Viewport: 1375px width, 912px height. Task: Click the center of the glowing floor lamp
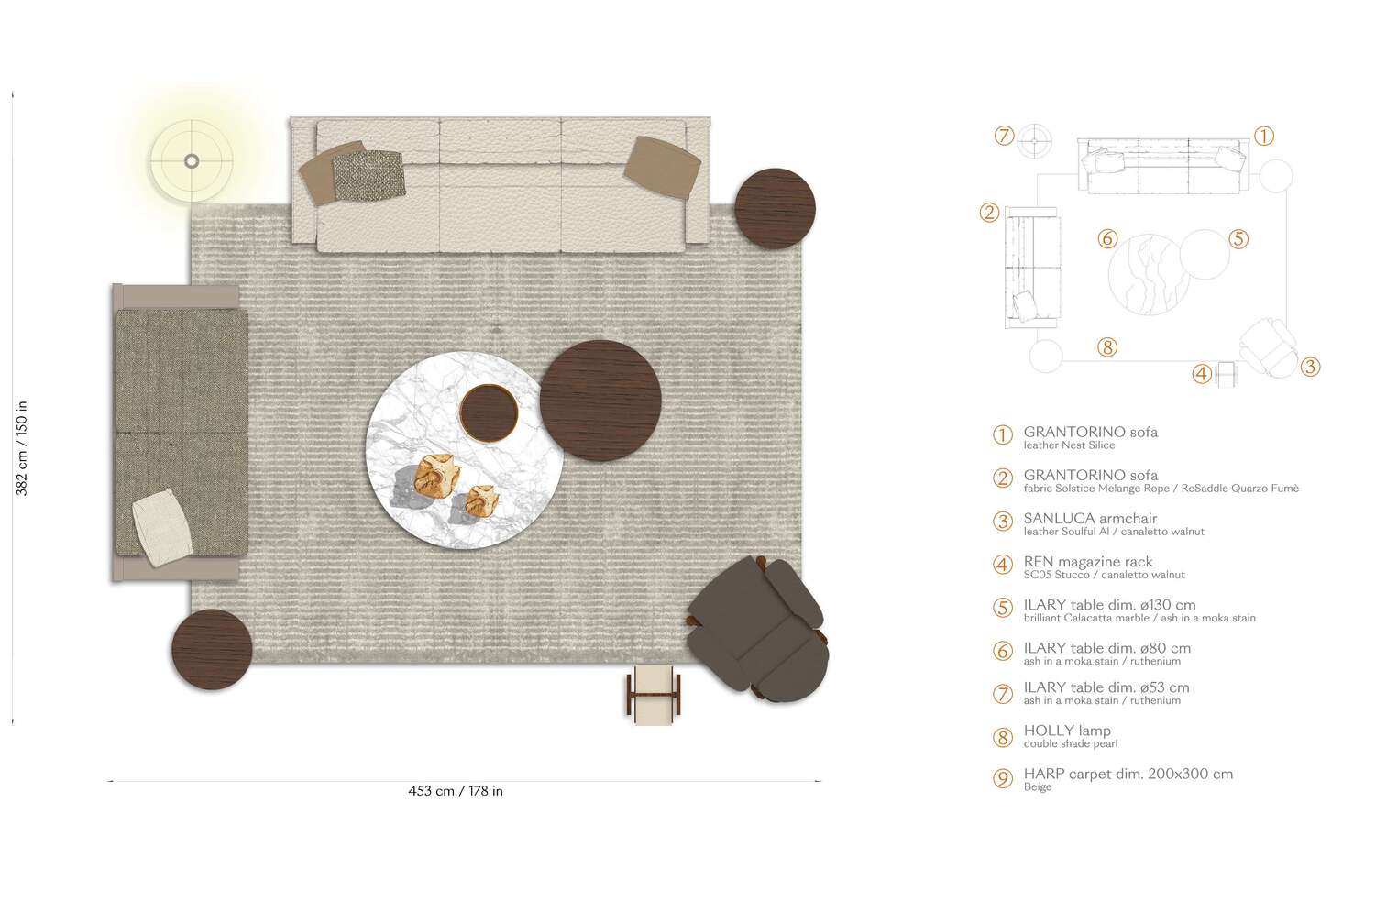192,161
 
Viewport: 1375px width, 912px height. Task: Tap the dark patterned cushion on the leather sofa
368,174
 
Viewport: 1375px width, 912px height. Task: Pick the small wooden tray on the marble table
489,412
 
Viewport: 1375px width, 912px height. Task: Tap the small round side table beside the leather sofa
775,208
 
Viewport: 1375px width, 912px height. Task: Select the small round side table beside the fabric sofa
212,649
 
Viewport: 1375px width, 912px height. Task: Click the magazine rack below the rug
654,693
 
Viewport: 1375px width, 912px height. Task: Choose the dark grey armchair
759,629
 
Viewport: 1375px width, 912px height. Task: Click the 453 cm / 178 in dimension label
456,791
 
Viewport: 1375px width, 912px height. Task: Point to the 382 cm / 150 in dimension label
22,448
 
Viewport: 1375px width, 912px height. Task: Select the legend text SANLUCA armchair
1090,518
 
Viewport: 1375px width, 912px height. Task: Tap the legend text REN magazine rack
1088,561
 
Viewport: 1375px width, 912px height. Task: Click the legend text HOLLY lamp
1067,731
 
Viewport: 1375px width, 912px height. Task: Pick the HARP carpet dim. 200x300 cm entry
1127,774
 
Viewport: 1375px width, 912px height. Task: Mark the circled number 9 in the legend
1003,779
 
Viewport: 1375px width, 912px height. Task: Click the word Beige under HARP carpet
1038,787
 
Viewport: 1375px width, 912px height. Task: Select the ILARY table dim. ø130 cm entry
1109,605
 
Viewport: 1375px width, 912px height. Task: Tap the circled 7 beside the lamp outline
1004,136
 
